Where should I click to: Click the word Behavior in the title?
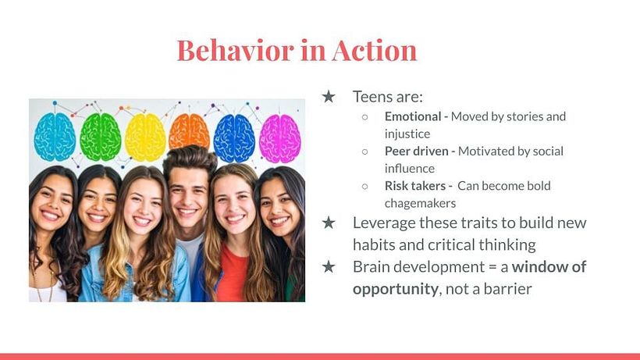235,50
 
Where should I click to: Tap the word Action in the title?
375,50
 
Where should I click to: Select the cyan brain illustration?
55,137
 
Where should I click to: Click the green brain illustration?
101,137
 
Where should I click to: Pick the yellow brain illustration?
145,137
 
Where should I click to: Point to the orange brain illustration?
189,130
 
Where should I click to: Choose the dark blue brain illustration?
234,138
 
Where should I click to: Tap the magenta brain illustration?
280,138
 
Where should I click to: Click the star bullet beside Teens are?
329,97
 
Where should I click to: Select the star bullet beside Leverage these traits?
329,223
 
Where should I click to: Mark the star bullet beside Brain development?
329,267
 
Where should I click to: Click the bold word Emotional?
413,116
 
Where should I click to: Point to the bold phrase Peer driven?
416,151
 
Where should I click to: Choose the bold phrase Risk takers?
415,186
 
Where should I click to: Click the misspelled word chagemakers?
420,203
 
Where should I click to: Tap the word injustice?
407,134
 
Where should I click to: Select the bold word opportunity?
396,290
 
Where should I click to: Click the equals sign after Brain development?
492,267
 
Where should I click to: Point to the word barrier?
508,289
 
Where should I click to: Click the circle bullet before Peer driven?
365,151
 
